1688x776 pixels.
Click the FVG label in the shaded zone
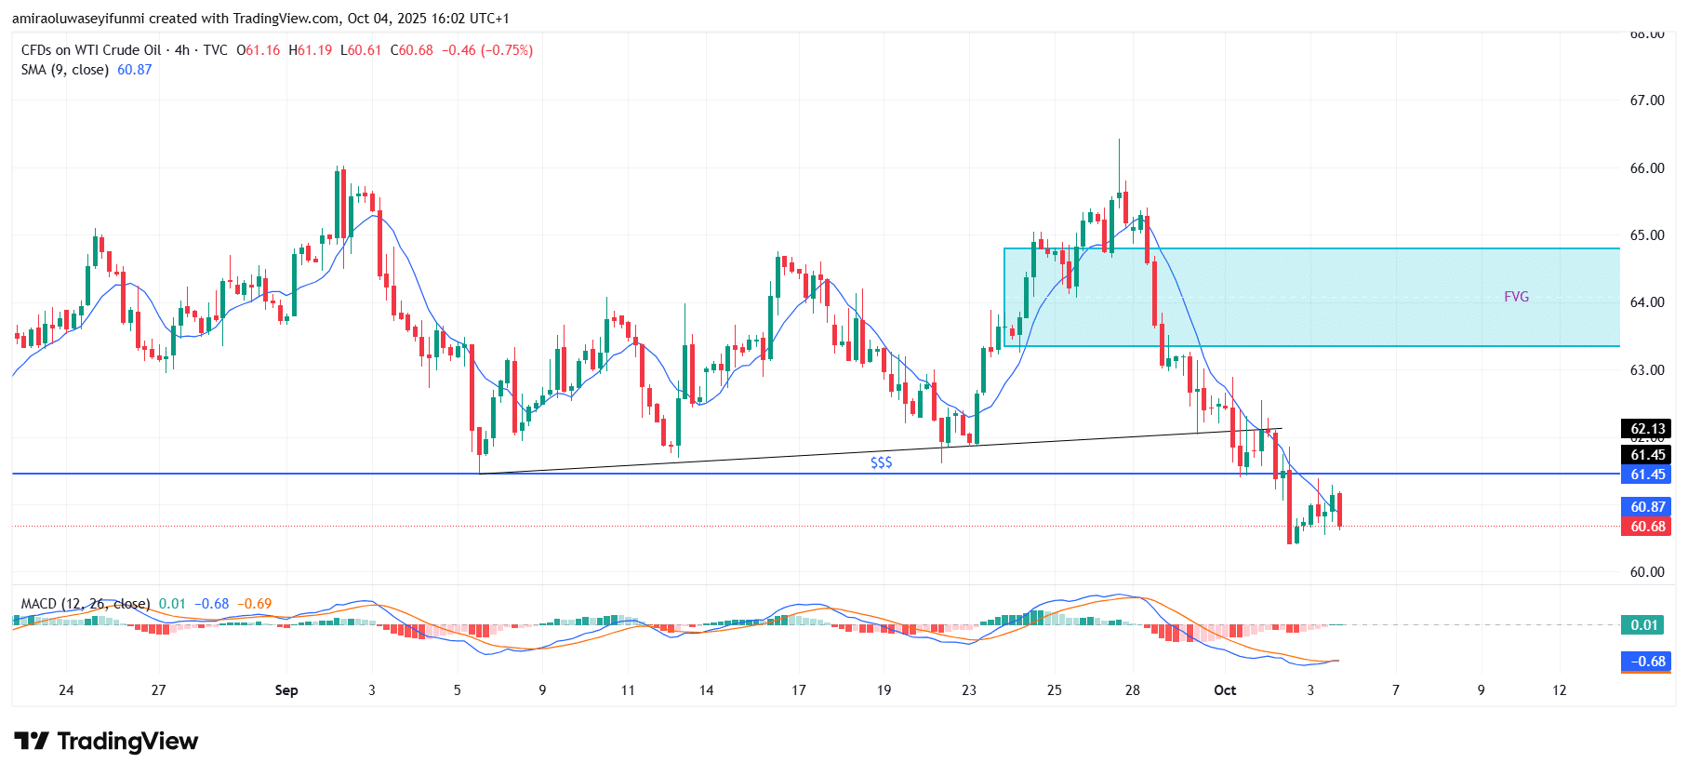coord(1516,297)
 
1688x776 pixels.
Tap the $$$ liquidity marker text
coord(881,462)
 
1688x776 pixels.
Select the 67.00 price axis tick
coord(1647,100)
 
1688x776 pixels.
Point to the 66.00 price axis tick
coord(1647,168)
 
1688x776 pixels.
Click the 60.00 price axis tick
coord(1647,572)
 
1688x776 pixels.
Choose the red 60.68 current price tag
coord(1647,527)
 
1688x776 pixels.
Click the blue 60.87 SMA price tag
coord(1647,507)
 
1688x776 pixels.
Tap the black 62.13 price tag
coord(1647,429)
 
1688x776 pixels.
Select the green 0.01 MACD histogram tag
coord(1644,625)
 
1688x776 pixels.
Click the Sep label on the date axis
coord(286,690)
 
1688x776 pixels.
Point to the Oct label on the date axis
coord(1225,690)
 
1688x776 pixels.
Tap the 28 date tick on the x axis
coord(1132,690)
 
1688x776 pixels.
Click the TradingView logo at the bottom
coord(106,742)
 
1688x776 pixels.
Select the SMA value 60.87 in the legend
coord(134,70)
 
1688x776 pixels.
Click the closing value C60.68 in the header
coord(411,50)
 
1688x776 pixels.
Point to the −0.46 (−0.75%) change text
coord(486,50)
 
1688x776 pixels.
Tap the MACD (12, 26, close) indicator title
coord(86,604)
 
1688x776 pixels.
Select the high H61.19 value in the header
coord(310,50)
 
